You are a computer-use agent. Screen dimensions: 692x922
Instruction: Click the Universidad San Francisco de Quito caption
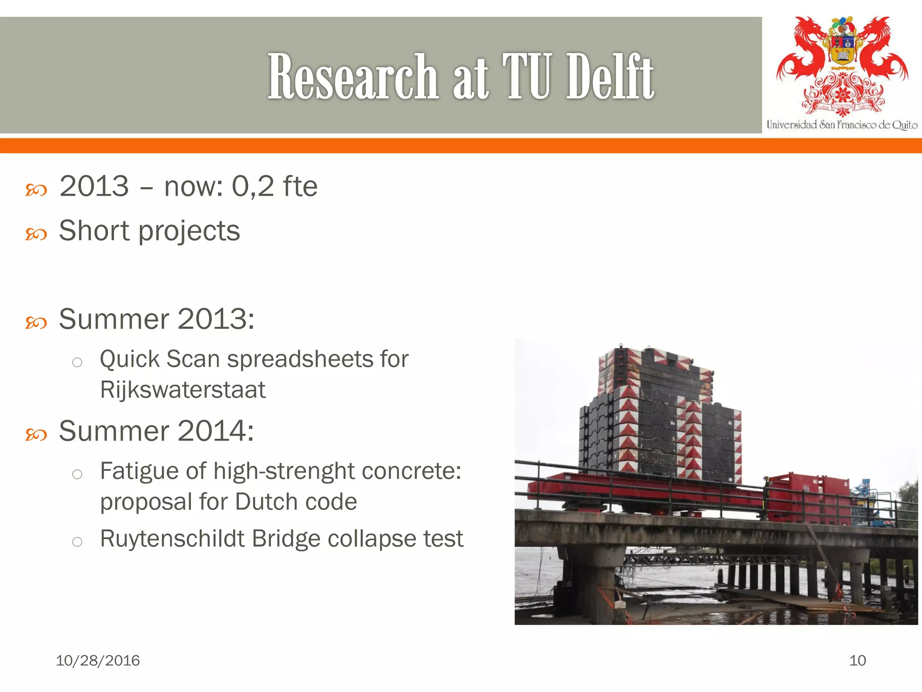841,125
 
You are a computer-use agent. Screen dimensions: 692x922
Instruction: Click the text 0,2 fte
274,187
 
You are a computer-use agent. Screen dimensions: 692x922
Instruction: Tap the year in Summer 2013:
216,319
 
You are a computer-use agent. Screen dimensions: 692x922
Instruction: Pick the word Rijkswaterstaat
182,390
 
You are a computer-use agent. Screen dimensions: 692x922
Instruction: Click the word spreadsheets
300,360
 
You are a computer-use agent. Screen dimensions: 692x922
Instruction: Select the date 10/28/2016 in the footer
98,660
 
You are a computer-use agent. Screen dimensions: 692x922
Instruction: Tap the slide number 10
857,660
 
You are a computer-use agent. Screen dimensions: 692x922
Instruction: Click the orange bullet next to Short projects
36,234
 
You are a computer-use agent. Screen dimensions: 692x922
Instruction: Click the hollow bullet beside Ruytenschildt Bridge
77,541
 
